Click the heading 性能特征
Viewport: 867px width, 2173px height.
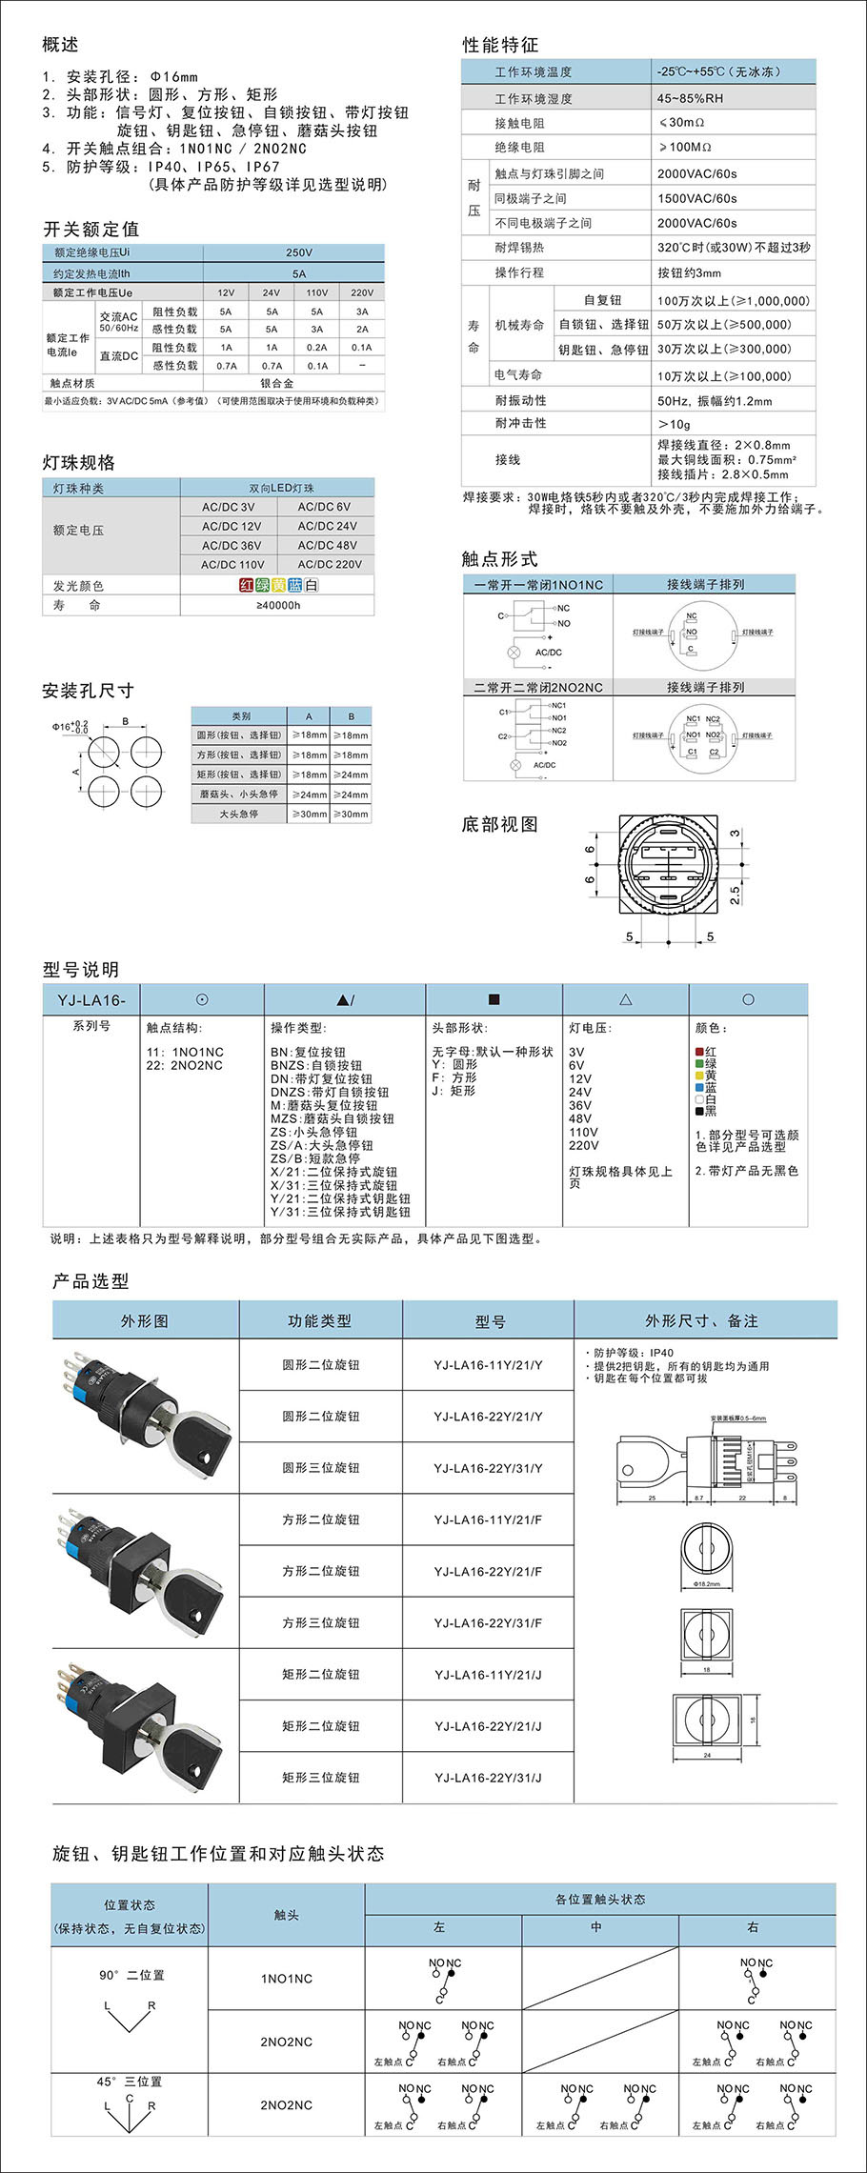pyautogui.click(x=500, y=45)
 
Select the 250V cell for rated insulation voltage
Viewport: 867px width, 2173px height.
pyautogui.click(x=298, y=252)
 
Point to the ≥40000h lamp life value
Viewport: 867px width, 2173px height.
pyautogui.click(x=278, y=605)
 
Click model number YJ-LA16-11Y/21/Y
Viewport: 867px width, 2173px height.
pyautogui.click(x=488, y=1365)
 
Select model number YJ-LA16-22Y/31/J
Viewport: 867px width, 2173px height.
pyautogui.click(x=488, y=1778)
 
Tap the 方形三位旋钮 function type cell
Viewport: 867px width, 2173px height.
pyautogui.click(x=320, y=1622)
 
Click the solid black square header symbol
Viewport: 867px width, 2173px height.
pyautogui.click(x=494, y=999)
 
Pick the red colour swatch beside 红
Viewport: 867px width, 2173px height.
pyautogui.click(x=699, y=1052)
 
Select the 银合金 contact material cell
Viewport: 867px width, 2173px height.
pyautogui.click(x=277, y=383)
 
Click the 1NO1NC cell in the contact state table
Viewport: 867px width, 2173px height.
pyautogui.click(x=286, y=1979)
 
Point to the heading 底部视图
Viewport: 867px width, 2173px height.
pyautogui.click(x=499, y=825)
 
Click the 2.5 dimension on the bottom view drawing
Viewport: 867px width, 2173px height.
pyautogui.click(x=735, y=895)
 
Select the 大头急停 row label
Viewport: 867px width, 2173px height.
pyautogui.click(x=238, y=815)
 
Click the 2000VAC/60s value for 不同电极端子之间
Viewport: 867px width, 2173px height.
pyautogui.click(x=696, y=223)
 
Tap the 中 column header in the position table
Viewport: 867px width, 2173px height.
pyautogui.click(x=595, y=1926)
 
